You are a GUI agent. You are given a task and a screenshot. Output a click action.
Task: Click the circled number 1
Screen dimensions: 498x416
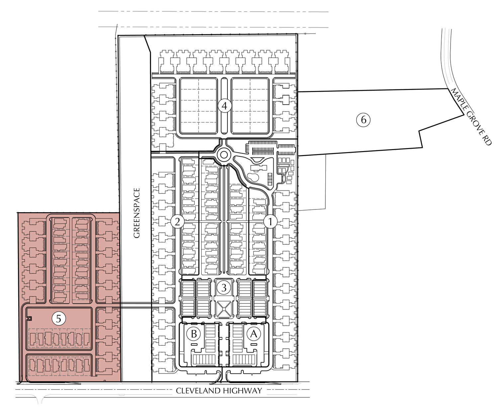coord(270,222)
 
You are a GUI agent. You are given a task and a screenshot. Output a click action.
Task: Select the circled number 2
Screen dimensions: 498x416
coord(177,222)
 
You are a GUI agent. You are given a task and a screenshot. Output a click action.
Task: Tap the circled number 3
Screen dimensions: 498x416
coord(224,288)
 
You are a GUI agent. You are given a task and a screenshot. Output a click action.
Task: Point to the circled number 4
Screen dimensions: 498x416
coord(224,106)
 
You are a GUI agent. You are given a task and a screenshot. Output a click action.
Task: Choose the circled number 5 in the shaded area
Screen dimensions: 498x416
coord(59,318)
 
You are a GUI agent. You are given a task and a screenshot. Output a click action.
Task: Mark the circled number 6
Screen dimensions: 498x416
coord(363,120)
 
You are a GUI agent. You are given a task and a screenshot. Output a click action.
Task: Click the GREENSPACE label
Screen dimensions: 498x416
coord(137,213)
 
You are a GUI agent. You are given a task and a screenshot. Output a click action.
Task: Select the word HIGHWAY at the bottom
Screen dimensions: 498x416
coord(241,391)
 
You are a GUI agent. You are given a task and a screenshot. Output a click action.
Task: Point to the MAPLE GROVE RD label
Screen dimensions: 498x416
coord(470,117)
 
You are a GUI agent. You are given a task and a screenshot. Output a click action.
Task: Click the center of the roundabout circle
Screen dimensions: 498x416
coord(223,155)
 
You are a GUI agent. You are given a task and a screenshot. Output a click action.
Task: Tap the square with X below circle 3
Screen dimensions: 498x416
coord(224,309)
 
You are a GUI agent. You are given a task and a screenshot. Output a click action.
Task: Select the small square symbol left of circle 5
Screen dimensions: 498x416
coord(30,318)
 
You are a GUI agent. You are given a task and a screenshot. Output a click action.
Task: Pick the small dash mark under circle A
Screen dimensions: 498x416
coord(254,344)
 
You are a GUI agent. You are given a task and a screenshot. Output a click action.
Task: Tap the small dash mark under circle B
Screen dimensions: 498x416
coord(194,344)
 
